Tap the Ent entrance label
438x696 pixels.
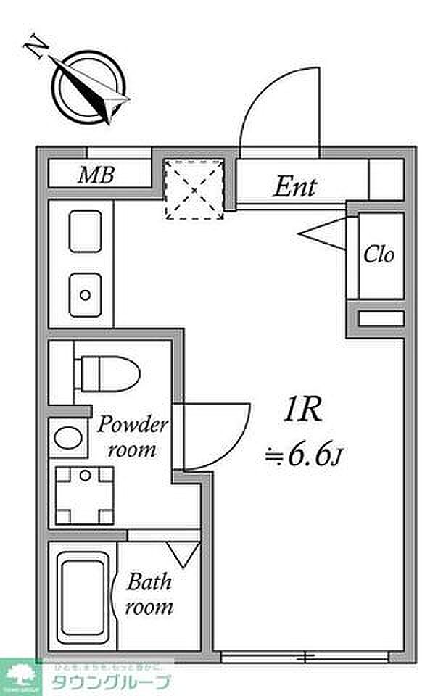click(294, 187)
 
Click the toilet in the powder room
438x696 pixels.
click(106, 373)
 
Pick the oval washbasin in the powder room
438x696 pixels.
click(69, 439)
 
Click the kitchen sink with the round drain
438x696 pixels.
click(86, 294)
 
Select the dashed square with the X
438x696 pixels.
click(193, 189)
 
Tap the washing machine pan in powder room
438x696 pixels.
click(86, 496)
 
